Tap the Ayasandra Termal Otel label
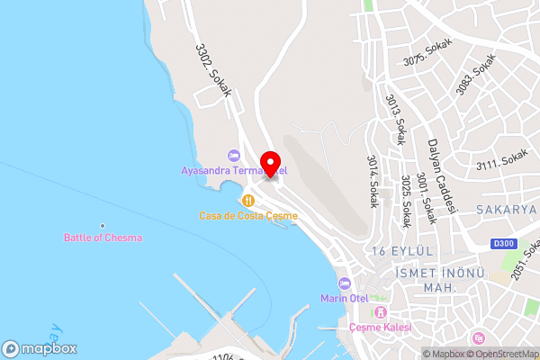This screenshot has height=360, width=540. pos(233,170)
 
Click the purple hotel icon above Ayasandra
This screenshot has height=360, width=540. pos(234,156)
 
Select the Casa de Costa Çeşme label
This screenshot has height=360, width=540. pos(248,216)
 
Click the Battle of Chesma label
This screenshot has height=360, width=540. pos(103,238)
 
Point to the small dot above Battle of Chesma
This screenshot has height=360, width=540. pos(103,225)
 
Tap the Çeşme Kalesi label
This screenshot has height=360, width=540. pos(380,328)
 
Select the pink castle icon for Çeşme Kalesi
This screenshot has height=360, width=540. pos(380,313)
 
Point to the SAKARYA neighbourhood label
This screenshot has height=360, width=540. pos(508,209)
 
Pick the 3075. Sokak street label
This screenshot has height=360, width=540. pos(426,53)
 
